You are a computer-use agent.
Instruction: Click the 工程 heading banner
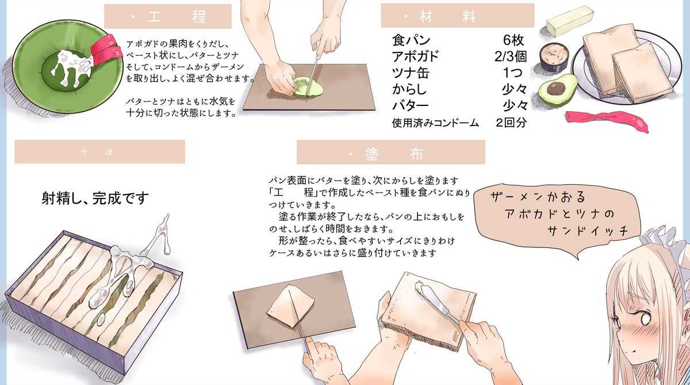click(168, 16)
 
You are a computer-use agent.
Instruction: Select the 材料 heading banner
click(458, 16)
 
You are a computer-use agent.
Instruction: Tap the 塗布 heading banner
click(391, 153)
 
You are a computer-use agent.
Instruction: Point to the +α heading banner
click(100, 152)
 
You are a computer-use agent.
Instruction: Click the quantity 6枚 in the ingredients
click(513, 40)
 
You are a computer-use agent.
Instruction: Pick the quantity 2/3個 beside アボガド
click(511, 56)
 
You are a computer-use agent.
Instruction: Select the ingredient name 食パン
click(411, 40)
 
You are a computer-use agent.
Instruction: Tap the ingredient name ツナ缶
click(411, 73)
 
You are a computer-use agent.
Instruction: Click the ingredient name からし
click(409, 89)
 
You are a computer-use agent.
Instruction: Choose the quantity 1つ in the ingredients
click(513, 73)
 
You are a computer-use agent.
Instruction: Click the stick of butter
click(570, 21)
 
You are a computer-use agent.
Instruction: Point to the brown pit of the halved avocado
click(556, 89)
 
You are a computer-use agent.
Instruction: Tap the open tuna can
click(554, 56)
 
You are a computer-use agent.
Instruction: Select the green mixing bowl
click(66, 66)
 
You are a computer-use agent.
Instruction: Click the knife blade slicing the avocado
click(313, 77)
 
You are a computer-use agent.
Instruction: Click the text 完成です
click(120, 198)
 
